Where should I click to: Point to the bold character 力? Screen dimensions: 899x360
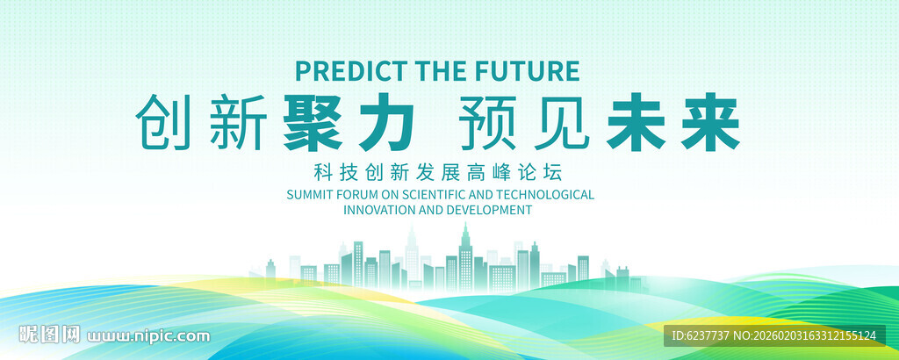[385, 122]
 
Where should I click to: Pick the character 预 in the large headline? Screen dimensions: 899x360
[488, 122]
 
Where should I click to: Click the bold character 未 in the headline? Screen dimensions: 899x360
[636, 122]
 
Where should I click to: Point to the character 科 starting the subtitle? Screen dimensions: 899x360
[323, 171]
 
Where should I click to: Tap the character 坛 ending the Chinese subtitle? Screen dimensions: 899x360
[556, 171]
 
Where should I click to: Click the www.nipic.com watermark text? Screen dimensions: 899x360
[148, 336]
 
